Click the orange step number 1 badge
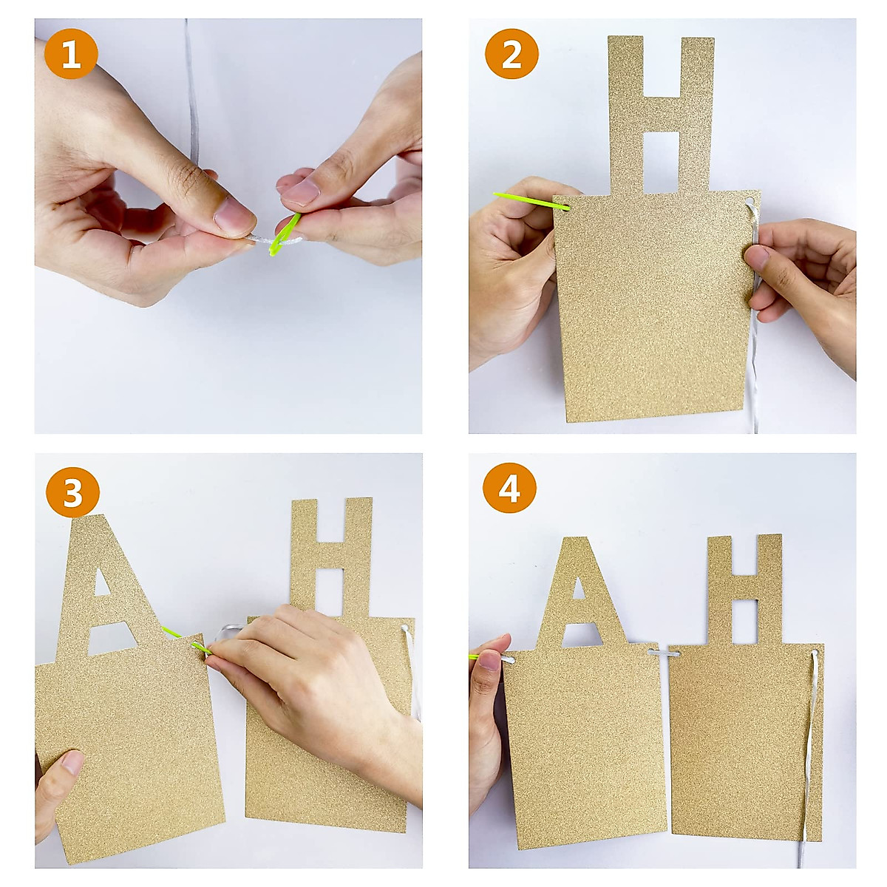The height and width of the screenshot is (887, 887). [71, 53]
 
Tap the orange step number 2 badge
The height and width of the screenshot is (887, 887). [512, 53]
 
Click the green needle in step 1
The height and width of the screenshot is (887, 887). [285, 235]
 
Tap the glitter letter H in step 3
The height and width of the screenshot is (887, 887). [331, 558]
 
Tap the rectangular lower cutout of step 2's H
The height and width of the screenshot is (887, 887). [662, 163]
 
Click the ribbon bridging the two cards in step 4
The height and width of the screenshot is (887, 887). [664, 653]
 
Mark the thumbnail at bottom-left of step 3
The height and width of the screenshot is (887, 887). [72, 762]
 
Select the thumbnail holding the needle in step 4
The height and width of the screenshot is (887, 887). [489, 659]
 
